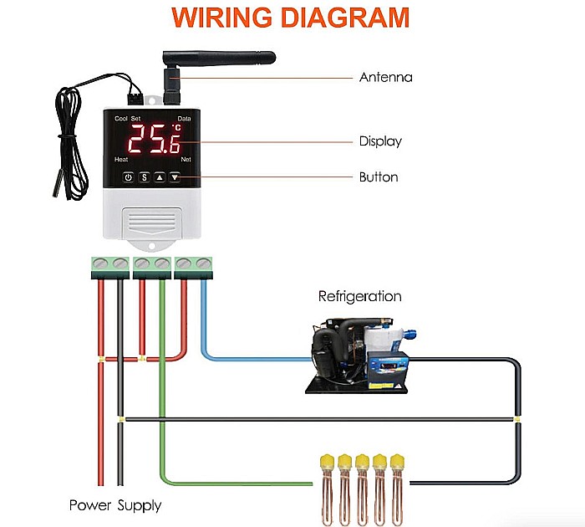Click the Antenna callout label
(385, 78)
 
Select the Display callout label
(380, 141)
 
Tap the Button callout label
(379, 177)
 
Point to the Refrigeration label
(359, 296)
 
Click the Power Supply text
(115, 505)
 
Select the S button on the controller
(143, 177)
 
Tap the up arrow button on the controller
(159, 177)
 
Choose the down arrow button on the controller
(175, 177)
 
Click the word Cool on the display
(120, 120)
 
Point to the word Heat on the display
(121, 159)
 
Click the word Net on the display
(186, 159)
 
